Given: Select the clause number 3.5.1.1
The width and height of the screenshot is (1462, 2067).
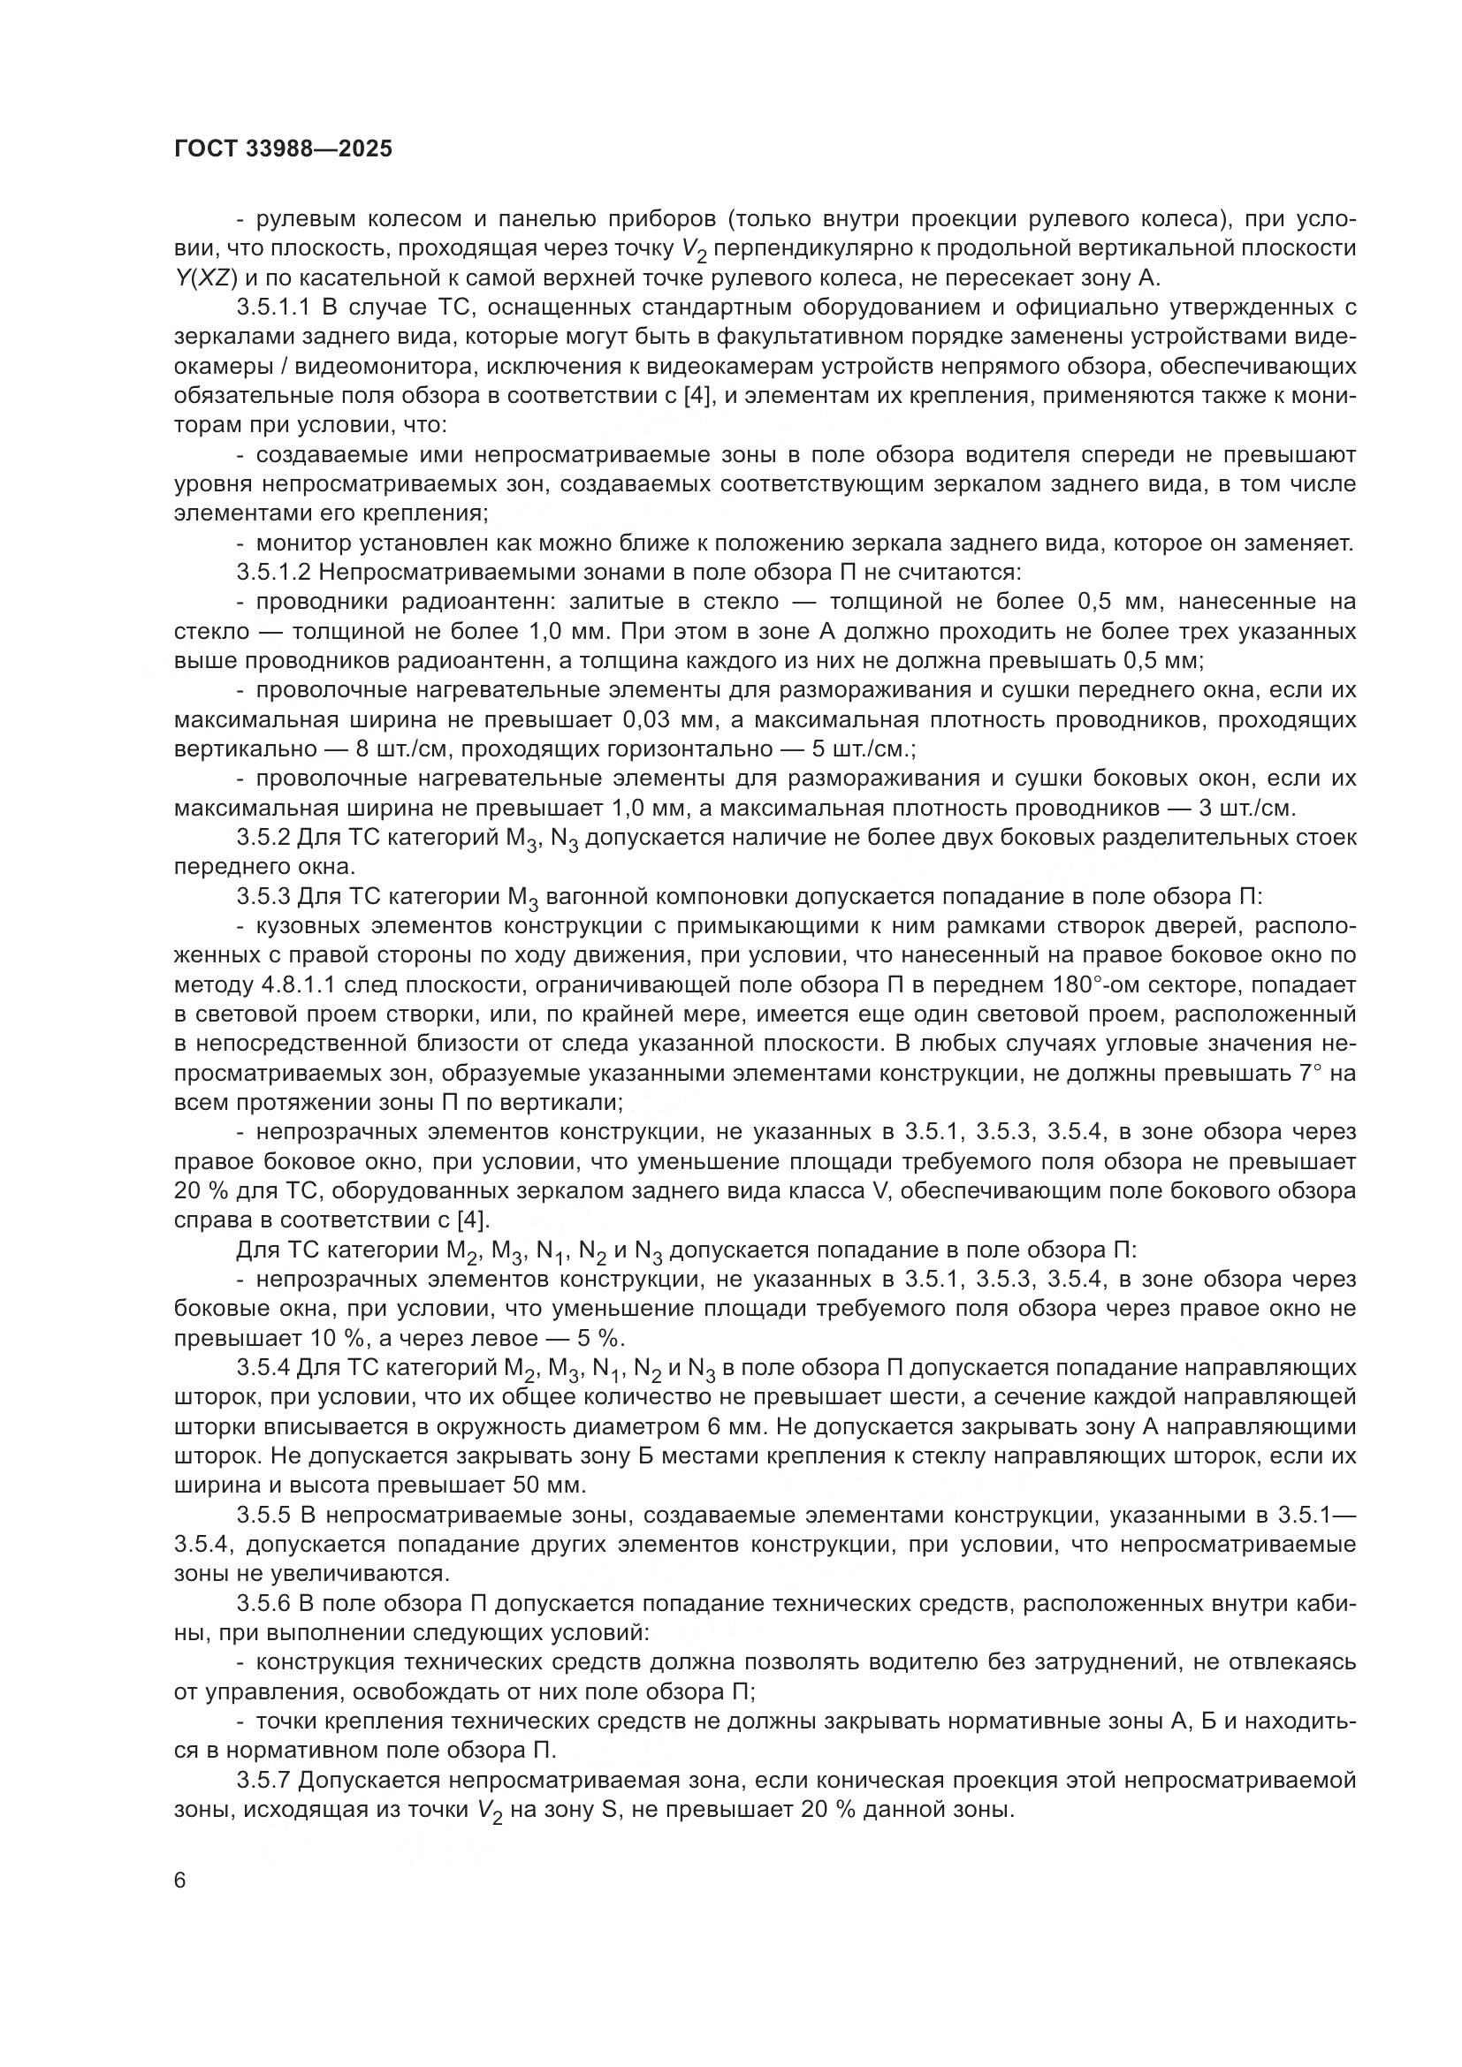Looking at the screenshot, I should point(274,307).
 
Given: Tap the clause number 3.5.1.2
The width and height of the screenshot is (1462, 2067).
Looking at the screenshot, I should point(274,572).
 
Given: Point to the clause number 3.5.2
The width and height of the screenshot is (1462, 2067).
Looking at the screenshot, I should point(263,837).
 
